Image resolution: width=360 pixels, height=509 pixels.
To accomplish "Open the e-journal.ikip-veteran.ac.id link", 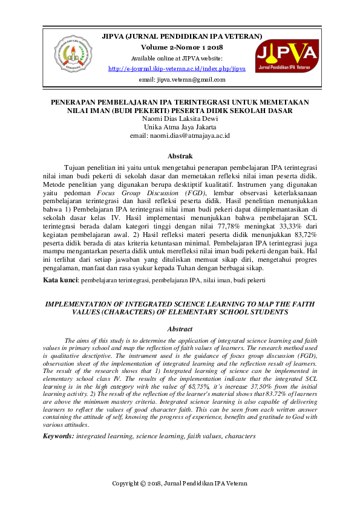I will coord(177,69).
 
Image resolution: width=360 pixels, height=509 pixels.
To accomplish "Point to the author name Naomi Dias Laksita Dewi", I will coord(180,119).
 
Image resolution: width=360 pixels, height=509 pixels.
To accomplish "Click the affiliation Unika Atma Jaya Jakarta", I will coord(180,128).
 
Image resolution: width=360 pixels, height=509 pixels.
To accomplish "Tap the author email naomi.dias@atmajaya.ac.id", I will coord(180,136).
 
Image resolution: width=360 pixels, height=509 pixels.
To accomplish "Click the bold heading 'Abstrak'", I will coord(180,155).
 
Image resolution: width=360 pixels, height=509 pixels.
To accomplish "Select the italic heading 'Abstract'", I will coord(180,328).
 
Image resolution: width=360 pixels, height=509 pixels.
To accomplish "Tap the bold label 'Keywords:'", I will coord(58,435).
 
